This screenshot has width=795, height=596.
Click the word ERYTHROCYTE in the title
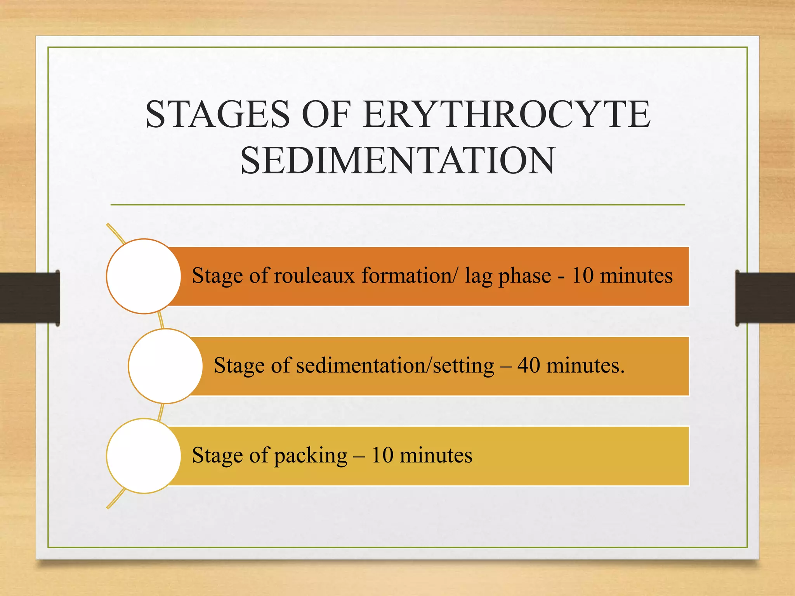click(507, 114)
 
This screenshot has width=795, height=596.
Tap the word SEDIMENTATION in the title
click(398, 161)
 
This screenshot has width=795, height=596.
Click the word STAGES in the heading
click(218, 114)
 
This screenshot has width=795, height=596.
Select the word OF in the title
click(326, 114)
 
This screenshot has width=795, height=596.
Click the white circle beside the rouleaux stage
click(144, 276)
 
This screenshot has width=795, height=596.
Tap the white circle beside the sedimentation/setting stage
click(165, 366)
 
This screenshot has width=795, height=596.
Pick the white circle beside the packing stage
click(144, 456)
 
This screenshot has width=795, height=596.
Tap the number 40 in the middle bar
click(528, 366)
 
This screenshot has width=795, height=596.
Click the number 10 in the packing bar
click(382, 455)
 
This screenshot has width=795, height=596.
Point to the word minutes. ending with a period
click(585, 366)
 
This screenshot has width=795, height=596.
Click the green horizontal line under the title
click(397, 204)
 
